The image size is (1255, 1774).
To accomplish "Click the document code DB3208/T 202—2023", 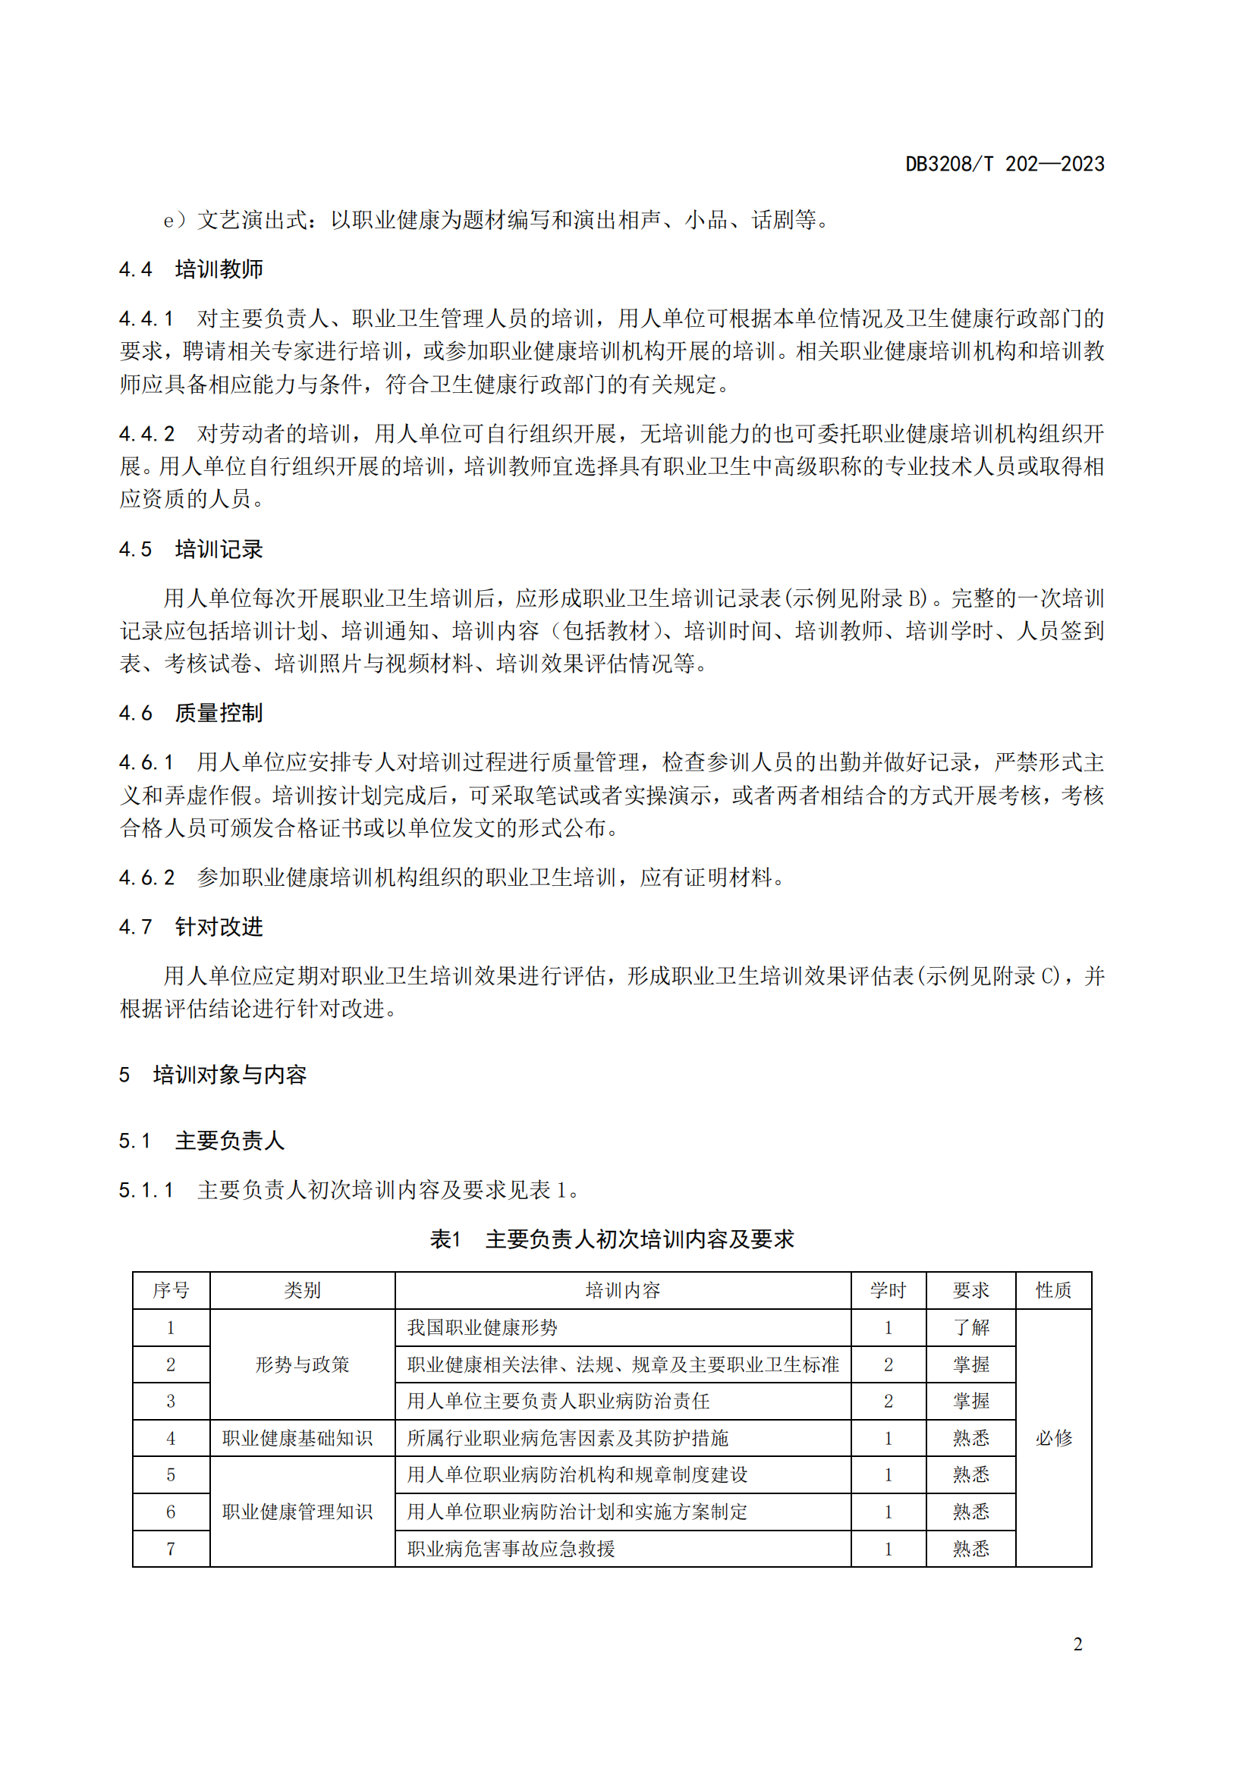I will point(1004,164).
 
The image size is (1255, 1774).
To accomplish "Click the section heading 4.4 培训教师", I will point(191,269).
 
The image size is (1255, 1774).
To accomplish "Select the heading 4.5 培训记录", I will point(191,549).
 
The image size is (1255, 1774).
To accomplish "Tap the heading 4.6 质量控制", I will point(191,712).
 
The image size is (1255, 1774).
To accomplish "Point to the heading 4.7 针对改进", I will point(191,926).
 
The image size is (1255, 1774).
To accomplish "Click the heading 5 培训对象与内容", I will point(212,1074).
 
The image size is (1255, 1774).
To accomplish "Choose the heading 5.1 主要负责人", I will point(202,1141).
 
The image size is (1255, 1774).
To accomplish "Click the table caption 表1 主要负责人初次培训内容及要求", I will point(612,1239).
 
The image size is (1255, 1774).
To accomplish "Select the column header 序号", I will point(171,1289).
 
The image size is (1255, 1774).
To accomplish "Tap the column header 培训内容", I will point(622,1289).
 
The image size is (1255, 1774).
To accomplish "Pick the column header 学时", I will point(888,1289).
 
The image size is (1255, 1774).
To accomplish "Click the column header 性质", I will point(1053,1289).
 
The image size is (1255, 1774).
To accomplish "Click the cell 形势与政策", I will point(302,1364).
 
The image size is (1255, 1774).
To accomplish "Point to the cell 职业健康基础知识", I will point(297,1438).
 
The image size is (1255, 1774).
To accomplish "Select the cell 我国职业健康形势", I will point(483,1327).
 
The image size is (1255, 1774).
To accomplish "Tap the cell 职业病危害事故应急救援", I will point(511,1549).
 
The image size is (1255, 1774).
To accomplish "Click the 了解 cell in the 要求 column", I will point(970,1327).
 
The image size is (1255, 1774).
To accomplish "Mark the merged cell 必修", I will point(1053,1438).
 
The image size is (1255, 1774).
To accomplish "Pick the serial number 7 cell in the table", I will point(171,1549).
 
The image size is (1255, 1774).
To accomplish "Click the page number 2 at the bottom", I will point(1077,1644).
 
